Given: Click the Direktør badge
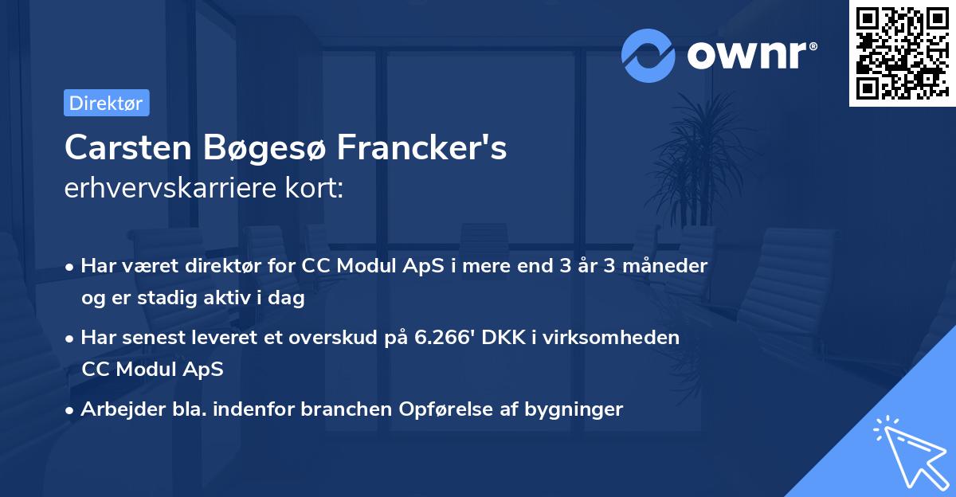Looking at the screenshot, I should point(106,103).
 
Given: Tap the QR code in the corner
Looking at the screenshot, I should point(902,53).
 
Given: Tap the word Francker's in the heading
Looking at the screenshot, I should point(422,148).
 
